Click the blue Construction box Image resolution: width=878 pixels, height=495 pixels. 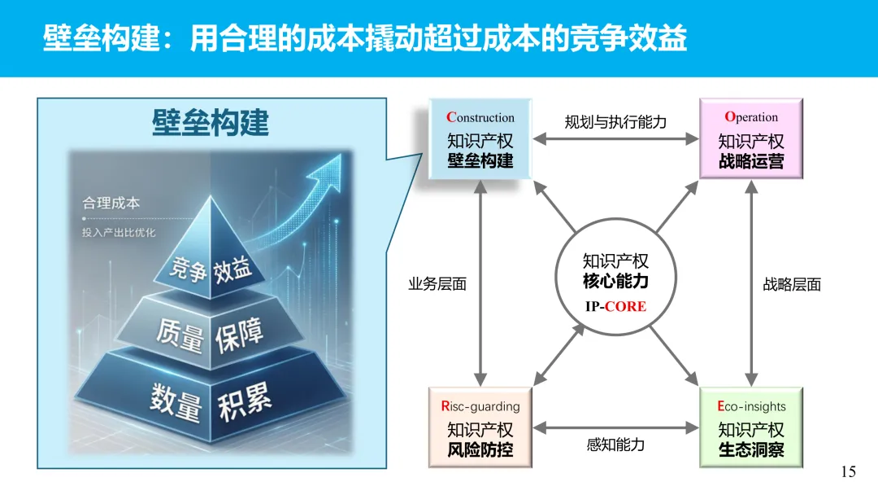pos(480,139)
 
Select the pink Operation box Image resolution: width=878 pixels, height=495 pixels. pos(751,139)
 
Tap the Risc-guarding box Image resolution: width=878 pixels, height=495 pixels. pos(480,427)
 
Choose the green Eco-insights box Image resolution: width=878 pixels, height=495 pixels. pos(751,427)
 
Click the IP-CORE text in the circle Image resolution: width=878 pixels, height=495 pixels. pos(615,306)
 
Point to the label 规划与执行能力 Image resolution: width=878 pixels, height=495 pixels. pos(615,122)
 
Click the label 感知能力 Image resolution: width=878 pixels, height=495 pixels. pos(615,445)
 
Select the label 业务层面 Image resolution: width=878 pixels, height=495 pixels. pos(437,285)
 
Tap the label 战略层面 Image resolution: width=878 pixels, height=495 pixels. pos(792,285)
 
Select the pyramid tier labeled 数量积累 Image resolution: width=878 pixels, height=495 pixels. pos(210,401)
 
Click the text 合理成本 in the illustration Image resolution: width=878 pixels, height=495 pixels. pos(111,203)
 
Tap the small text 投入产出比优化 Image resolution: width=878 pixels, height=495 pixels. pos(119,233)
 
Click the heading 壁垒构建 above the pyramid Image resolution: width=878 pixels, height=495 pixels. pos(210,123)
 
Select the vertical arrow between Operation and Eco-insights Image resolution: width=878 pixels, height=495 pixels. pos(751,283)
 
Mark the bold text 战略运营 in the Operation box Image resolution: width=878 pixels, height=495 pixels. pos(751,160)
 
